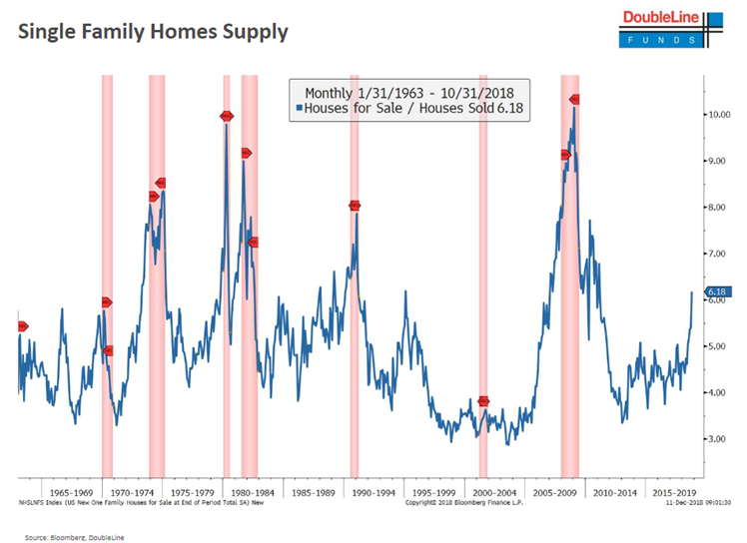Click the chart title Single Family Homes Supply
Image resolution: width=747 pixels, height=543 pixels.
pyautogui.click(x=153, y=32)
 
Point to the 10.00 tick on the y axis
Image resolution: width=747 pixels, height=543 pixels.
pyautogui.click(x=718, y=115)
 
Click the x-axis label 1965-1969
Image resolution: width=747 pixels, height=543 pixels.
pyautogui.click(x=72, y=492)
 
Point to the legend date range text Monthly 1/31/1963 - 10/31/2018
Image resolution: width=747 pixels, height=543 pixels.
pyautogui.click(x=409, y=90)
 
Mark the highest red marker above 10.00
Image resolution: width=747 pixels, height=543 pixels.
pyautogui.click(x=574, y=99)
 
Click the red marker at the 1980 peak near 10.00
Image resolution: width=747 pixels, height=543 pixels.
pyautogui.click(x=227, y=116)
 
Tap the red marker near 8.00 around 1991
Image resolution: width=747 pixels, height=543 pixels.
pyautogui.click(x=355, y=206)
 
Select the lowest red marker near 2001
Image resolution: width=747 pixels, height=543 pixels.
pyautogui.click(x=483, y=401)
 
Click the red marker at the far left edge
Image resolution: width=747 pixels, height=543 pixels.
pyautogui.click(x=22, y=326)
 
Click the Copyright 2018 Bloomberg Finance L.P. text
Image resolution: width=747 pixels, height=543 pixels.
pyautogui.click(x=460, y=502)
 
